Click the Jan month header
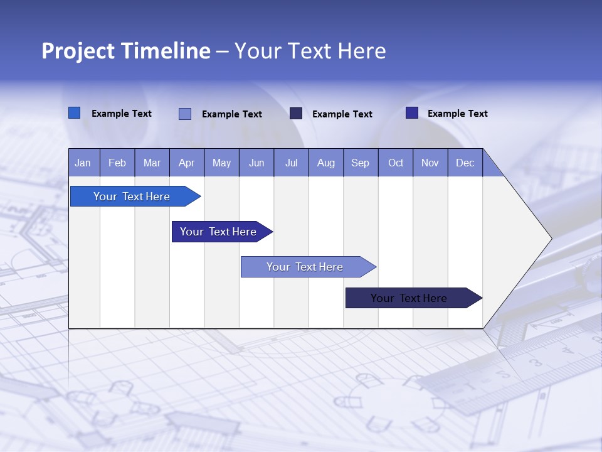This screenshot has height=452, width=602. click(83, 163)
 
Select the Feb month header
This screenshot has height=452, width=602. click(117, 163)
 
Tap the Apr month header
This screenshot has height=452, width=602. click(186, 163)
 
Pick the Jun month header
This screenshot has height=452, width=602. click(256, 163)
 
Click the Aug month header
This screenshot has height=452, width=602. click(325, 163)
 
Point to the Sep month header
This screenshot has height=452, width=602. click(360, 163)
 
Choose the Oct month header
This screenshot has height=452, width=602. click(396, 163)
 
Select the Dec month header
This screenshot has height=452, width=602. click(465, 163)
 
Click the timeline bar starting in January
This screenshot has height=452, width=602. click(132, 196)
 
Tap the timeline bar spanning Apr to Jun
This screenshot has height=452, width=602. click(218, 232)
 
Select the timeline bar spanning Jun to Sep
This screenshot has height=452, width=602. click(305, 267)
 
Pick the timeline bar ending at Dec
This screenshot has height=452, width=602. click(409, 298)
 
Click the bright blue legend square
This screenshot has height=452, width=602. click(74, 113)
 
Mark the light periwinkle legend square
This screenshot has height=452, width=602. click(184, 114)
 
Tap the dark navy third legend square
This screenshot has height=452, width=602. click(296, 113)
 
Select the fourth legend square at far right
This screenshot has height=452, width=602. click(412, 113)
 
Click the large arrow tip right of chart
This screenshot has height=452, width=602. click(527, 239)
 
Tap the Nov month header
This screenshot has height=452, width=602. click(430, 163)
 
